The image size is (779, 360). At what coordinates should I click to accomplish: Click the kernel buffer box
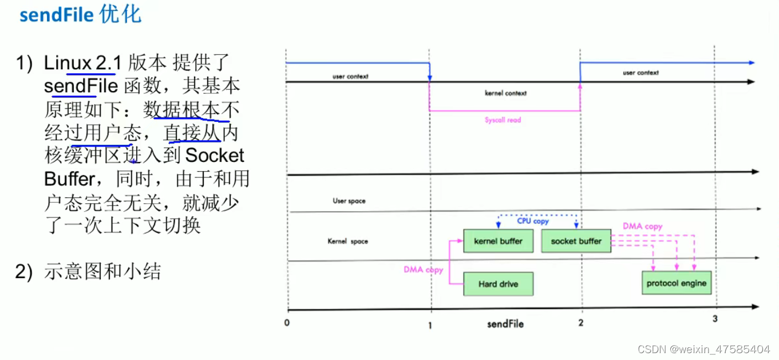pyautogui.click(x=498, y=242)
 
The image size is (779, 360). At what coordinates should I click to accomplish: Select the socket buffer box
pyautogui.click(x=576, y=242)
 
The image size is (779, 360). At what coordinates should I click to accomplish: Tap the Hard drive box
pyautogui.click(x=498, y=284)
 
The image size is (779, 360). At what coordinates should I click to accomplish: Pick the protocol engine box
pyautogui.click(x=677, y=283)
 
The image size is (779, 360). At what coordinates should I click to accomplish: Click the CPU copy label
pyautogui.click(x=533, y=221)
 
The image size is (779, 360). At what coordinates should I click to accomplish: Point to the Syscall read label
pyautogui.click(x=503, y=120)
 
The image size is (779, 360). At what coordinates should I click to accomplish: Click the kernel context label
pyautogui.click(x=505, y=93)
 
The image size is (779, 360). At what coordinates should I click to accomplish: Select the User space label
pyautogui.click(x=349, y=201)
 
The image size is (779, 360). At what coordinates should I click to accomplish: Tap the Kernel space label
pyautogui.click(x=348, y=242)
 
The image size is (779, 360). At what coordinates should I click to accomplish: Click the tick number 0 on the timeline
pyautogui.click(x=287, y=322)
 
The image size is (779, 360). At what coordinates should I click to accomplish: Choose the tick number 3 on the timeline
pyautogui.click(x=715, y=319)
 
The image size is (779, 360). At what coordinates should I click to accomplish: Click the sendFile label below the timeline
pyautogui.click(x=505, y=324)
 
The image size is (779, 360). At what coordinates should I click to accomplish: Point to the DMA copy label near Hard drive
pyautogui.click(x=424, y=270)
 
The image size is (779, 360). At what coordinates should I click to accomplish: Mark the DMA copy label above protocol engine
pyautogui.click(x=642, y=227)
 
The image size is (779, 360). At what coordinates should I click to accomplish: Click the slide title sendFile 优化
pyautogui.click(x=80, y=14)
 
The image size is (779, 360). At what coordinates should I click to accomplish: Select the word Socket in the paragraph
pyautogui.click(x=215, y=156)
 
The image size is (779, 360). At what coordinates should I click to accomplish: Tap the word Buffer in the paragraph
pyautogui.click(x=69, y=179)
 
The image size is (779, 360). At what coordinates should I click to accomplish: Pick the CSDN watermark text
pyautogui.click(x=704, y=349)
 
